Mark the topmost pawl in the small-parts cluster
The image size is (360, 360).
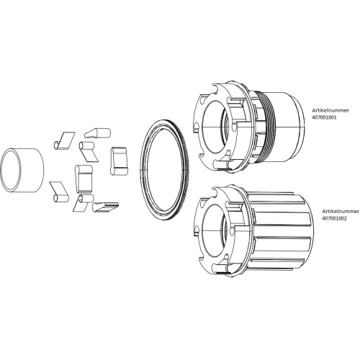(95, 132)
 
